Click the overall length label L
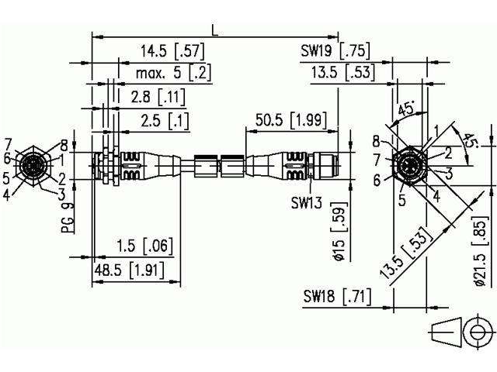click(x=215, y=29)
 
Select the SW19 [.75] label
click(x=335, y=52)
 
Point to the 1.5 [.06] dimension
click(x=144, y=246)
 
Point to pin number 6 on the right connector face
click(x=376, y=180)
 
